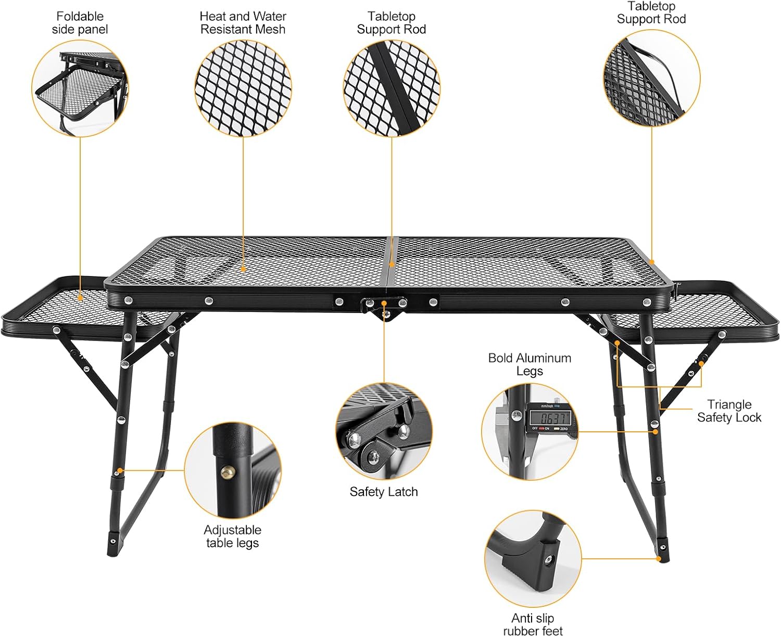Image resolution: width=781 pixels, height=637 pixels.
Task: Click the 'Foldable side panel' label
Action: coord(80,23)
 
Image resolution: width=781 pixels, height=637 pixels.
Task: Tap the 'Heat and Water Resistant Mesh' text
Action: coord(243,23)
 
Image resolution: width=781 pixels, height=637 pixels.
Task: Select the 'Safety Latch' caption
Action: coord(384,492)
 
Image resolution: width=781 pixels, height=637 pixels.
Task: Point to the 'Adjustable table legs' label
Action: coord(232,536)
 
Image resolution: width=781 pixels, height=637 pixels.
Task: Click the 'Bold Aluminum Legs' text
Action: coord(530,364)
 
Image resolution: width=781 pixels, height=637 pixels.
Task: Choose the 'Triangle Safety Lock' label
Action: coord(729,410)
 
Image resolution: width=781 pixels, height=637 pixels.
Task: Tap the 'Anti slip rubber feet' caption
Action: coord(533,624)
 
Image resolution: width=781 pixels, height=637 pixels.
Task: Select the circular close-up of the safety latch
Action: coord(384,432)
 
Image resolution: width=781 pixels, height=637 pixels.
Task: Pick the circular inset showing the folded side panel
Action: coord(80,89)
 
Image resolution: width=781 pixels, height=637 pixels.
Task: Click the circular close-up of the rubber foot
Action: coord(533,558)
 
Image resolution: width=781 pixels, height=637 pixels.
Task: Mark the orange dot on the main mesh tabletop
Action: coord(243,269)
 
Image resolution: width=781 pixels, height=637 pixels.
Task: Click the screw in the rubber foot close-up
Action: coord(548,560)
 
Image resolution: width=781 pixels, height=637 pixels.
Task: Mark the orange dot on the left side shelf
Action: coord(80,298)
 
